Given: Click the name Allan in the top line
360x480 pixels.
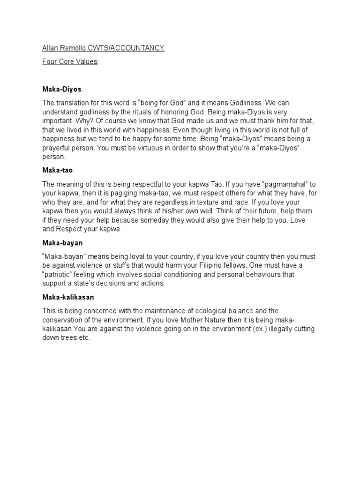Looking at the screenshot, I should click(49, 48).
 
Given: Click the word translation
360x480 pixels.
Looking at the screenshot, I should click(74, 102).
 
